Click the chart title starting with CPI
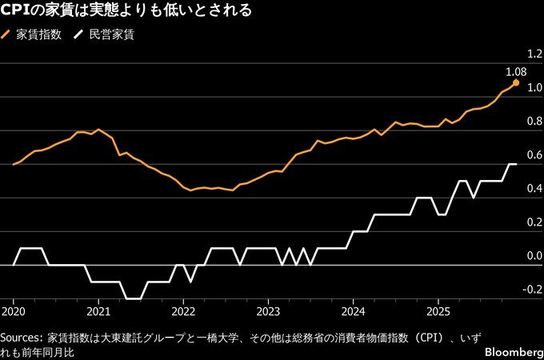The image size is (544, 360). (x=128, y=11)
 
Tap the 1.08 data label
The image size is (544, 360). (x=516, y=71)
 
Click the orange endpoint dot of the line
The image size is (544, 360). (x=516, y=82)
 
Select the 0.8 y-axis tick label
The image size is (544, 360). (x=534, y=121)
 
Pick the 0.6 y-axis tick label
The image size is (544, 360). (x=534, y=154)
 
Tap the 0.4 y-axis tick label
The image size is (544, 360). (x=534, y=188)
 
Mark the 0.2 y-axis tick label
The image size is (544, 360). (x=534, y=222)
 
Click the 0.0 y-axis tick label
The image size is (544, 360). (x=534, y=256)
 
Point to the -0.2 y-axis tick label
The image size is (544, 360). (x=532, y=290)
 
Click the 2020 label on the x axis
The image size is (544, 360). (x=14, y=310)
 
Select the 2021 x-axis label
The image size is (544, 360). (x=98, y=310)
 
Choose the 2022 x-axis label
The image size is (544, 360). (x=183, y=310)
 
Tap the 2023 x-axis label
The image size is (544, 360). (x=268, y=310)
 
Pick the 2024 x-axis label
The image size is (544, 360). (x=353, y=310)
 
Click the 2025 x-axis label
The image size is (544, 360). (x=438, y=310)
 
